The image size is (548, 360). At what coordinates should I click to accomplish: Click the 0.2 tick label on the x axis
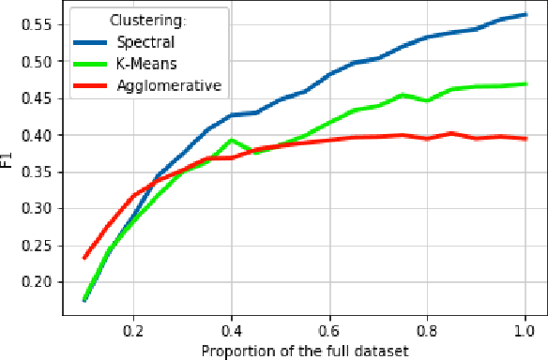click(x=133, y=329)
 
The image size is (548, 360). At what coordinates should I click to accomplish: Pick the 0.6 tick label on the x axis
click(x=329, y=329)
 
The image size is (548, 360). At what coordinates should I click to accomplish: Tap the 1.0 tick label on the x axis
click(x=525, y=329)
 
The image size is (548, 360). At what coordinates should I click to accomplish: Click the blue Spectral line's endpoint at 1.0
click(x=525, y=14)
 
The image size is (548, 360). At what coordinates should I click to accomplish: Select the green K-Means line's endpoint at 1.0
click(x=525, y=83)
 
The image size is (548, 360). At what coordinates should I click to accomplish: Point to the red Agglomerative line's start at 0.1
click(x=84, y=257)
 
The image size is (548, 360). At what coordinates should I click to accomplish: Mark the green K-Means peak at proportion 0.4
click(x=232, y=140)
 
